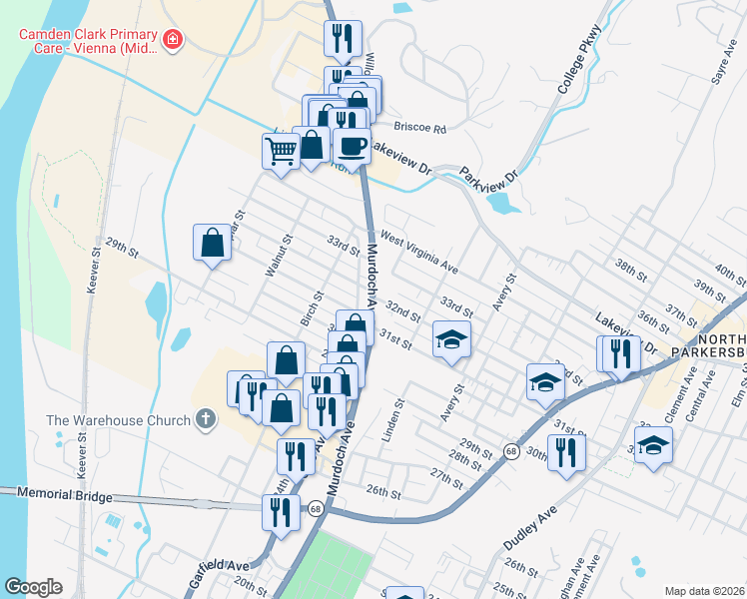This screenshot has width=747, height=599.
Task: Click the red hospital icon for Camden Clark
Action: pyautogui.click(x=173, y=40)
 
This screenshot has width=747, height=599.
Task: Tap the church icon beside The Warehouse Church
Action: pyautogui.click(x=206, y=419)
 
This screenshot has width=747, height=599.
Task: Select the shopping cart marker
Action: pyautogui.click(x=281, y=153)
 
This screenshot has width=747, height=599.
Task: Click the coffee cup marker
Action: pyautogui.click(x=352, y=146)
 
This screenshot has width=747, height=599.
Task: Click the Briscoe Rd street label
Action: pyautogui.click(x=419, y=128)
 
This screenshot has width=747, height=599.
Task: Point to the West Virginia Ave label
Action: pyautogui.click(x=418, y=255)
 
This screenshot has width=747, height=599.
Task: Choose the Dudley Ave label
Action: pyautogui.click(x=529, y=525)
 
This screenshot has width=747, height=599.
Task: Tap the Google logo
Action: pyautogui.click(x=32, y=587)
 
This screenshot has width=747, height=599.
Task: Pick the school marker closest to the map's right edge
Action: pyautogui.click(x=653, y=445)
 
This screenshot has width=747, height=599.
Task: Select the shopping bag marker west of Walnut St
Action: pyautogui.click(x=213, y=243)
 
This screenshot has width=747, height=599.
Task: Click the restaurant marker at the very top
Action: pyautogui.click(x=341, y=39)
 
